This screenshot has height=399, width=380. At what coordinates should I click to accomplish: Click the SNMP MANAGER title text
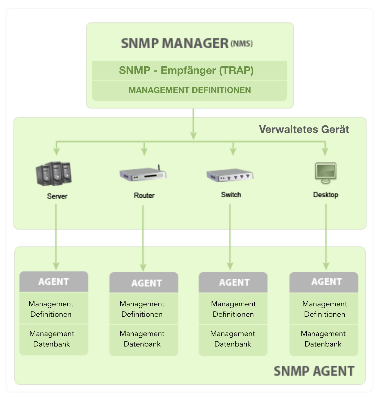175,43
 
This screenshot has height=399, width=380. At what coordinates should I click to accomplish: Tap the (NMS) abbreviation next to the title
242,44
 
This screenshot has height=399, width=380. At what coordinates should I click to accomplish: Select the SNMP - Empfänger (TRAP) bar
186,71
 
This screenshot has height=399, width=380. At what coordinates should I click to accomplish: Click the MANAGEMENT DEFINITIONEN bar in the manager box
189,90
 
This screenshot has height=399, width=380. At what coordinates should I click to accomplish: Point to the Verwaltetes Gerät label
304,129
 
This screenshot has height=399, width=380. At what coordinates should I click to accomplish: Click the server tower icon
54,173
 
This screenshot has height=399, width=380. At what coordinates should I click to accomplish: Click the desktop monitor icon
325,173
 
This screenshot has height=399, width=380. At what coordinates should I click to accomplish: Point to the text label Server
57,196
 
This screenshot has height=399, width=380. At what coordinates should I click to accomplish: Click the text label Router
144,195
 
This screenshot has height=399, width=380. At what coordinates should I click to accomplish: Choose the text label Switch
231,195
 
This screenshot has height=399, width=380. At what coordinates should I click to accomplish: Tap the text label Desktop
325,195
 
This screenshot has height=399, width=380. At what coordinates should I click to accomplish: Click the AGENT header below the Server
54,282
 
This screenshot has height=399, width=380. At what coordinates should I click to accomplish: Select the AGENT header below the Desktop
326,282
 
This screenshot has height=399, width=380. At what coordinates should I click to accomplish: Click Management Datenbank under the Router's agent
142,339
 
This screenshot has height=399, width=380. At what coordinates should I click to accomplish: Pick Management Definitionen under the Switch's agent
233,309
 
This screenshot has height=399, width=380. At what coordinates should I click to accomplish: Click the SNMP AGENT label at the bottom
314,371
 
